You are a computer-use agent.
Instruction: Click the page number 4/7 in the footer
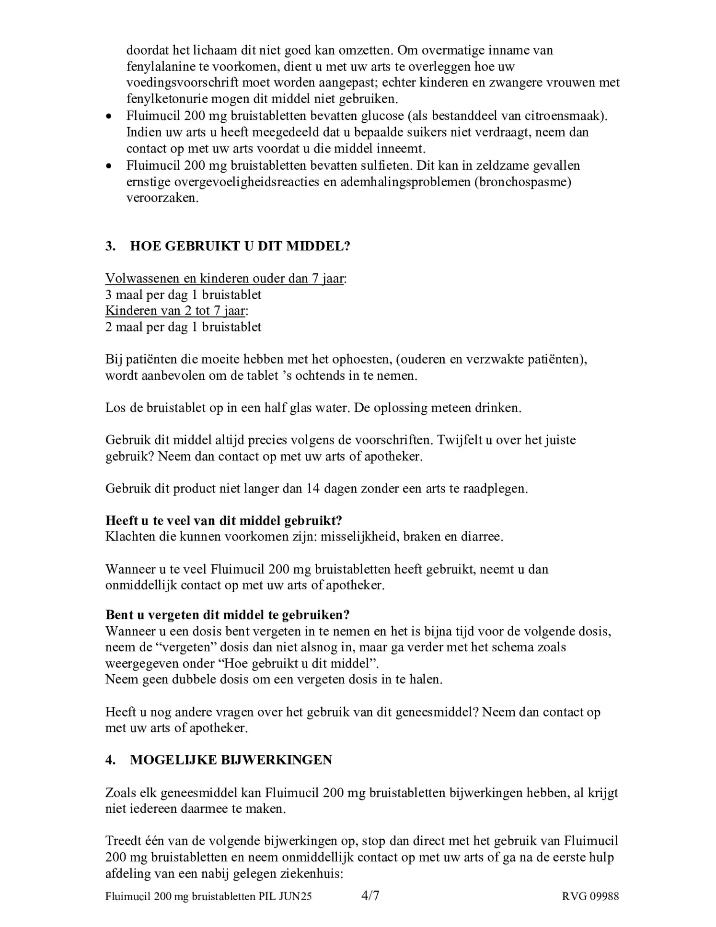(x=370, y=896)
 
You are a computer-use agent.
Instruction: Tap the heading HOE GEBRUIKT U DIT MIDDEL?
(x=240, y=246)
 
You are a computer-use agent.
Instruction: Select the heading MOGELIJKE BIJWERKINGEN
(x=231, y=760)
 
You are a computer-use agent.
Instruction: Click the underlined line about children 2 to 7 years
(x=175, y=311)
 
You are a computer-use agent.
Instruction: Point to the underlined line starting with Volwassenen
(x=225, y=278)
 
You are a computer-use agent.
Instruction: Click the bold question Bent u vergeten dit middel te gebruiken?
(x=227, y=615)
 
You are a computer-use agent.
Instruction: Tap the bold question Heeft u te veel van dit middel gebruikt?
(x=223, y=520)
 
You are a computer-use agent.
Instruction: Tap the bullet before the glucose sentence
(x=110, y=117)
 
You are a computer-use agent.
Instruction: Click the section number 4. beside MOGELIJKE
(x=110, y=760)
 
